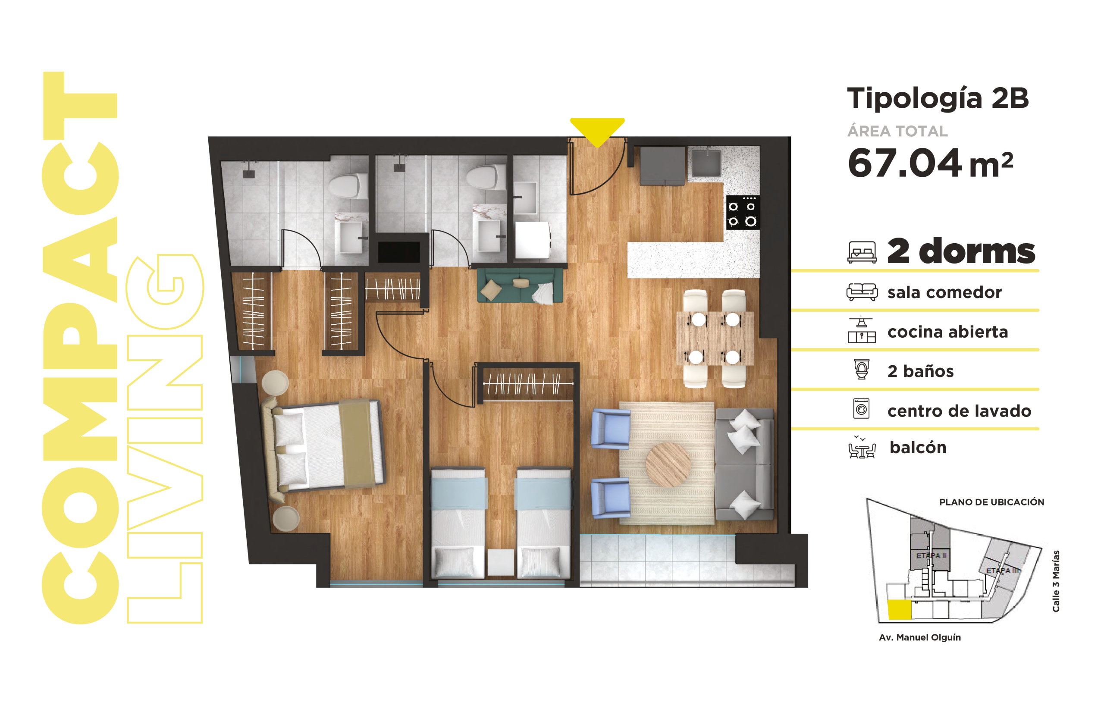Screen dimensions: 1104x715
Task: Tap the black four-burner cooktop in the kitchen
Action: coord(743,213)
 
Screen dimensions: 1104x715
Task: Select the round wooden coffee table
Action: coord(668,464)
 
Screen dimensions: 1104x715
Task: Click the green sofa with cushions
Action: coord(520,285)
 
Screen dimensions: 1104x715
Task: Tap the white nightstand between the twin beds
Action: coord(501,562)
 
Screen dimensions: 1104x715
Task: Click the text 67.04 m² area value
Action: coord(930,163)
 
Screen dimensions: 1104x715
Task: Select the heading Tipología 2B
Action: coord(938,98)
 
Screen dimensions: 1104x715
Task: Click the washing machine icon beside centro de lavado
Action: coord(861,409)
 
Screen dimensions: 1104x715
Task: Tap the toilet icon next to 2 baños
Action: coord(862,369)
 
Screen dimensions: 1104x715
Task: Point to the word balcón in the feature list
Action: coord(918,447)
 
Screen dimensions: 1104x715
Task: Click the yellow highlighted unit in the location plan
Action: coord(900,610)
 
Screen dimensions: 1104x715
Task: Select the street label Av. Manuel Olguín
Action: coord(920,637)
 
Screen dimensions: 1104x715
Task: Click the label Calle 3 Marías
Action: coord(1056,581)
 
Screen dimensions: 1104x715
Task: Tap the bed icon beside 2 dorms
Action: coord(862,252)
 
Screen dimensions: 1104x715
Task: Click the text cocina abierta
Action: coord(948,332)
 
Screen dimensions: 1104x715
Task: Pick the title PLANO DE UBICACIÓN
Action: coord(992,502)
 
